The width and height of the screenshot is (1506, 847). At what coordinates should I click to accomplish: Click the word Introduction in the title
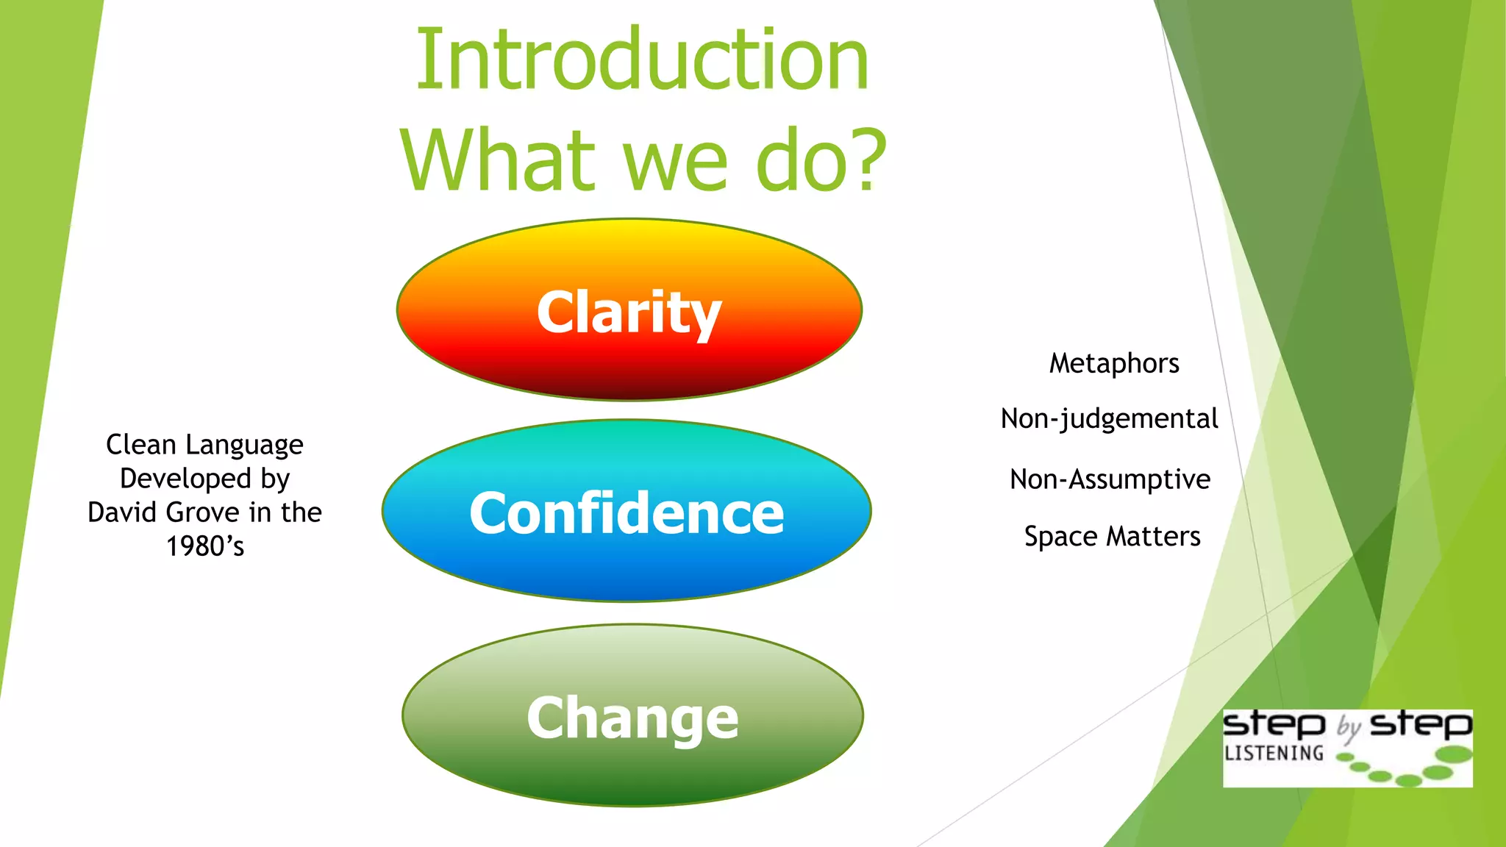pos(642,60)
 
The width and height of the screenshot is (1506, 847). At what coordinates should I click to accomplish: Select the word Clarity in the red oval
pos(629,312)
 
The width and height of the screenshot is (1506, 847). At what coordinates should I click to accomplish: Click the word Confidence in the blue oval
pos(627,512)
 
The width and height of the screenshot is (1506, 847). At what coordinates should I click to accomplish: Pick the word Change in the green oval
pos(632,718)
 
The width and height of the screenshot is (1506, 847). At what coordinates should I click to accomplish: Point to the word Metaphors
pos(1113,363)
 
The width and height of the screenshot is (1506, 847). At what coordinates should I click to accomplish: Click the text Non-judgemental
pos(1109,418)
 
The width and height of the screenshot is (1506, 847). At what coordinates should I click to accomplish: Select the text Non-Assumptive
pos(1110,479)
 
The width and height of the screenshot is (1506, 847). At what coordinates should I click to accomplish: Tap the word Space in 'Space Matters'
pos(1060,537)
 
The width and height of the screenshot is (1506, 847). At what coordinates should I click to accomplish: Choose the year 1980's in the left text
pos(205,546)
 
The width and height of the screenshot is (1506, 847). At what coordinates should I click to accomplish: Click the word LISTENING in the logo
pos(1274,754)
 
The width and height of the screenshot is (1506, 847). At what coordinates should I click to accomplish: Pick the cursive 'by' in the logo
pos(1349,727)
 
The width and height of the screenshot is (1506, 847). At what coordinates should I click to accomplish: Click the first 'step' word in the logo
pos(1274,724)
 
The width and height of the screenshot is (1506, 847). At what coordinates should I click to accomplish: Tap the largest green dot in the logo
pos(1453,754)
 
